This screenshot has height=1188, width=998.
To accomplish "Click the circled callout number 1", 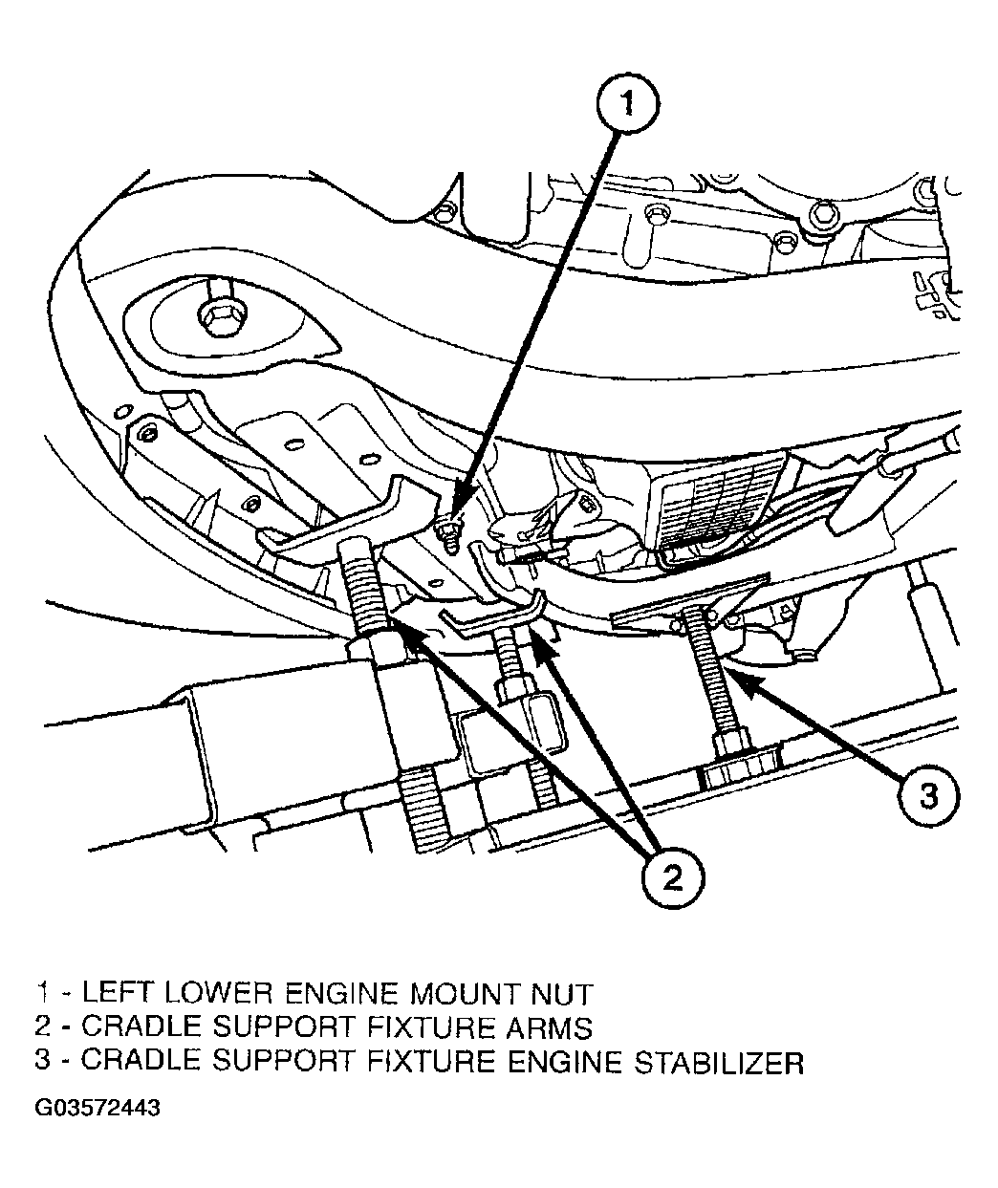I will (627, 106).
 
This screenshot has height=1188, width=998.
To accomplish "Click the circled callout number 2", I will (673, 875).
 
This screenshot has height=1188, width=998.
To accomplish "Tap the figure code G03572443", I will (98, 1109).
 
